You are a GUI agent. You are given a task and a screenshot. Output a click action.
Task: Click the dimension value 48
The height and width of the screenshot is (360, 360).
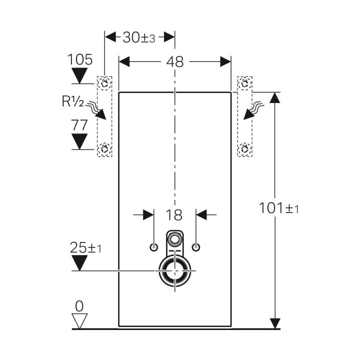pyautogui.click(x=175, y=61)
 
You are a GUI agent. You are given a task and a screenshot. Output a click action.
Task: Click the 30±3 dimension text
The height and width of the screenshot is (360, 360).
pyautogui.click(x=139, y=37)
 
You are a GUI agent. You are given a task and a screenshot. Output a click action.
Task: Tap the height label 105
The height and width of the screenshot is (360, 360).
pyautogui.click(x=80, y=59)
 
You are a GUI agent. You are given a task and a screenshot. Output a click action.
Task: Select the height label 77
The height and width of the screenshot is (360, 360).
pyautogui.click(x=79, y=125)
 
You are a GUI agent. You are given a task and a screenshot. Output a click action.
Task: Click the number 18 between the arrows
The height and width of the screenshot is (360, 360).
pyautogui.click(x=174, y=215)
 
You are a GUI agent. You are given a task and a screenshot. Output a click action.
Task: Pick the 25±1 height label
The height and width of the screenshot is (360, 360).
pyautogui.click(x=85, y=247)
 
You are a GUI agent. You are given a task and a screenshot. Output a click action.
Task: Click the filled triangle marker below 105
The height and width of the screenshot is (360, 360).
pyautogui.click(x=80, y=76)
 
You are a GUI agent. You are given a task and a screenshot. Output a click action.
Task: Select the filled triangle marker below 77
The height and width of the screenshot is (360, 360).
pyautogui.click(x=80, y=142)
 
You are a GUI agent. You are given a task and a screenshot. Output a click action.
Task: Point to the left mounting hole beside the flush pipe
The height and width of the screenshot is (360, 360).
pyautogui.click(x=153, y=247)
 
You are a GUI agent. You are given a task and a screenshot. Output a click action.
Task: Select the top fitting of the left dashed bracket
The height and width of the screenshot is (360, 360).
pyautogui.click(x=104, y=83)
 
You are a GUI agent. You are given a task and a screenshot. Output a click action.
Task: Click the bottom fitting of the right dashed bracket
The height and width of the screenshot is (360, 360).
pyautogui.click(x=244, y=148)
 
